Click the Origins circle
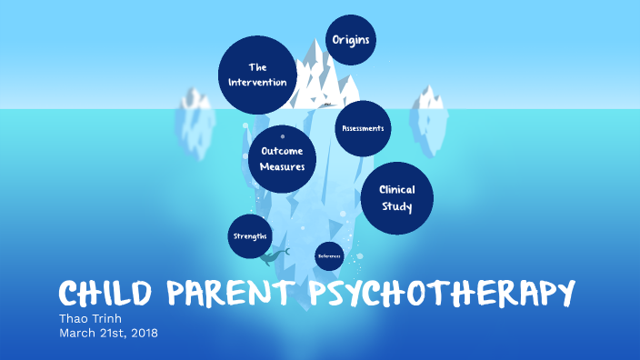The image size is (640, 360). [351, 40]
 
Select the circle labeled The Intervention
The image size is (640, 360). [257, 75]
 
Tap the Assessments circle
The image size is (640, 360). [363, 128]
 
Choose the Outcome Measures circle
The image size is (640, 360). [282, 158]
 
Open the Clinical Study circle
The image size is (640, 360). [396, 198]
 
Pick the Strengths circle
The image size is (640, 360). [249, 236]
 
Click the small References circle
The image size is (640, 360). [329, 256]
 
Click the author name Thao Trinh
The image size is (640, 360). [89, 318]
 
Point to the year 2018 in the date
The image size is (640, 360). [142, 333]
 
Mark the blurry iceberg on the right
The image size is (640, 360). [429, 112]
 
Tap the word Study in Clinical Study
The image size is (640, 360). [396, 207]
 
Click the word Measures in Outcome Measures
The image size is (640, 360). [282, 167]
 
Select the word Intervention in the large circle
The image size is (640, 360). [257, 83]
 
